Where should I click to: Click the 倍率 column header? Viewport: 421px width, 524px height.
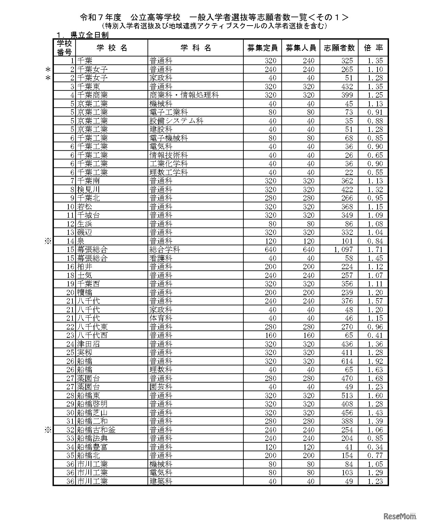(x=373, y=48)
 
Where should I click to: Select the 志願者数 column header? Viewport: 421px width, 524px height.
(x=339, y=48)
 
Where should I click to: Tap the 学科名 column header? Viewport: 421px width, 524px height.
(x=196, y=48)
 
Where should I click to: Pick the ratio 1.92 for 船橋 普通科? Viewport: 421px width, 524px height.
(x=375, y=361)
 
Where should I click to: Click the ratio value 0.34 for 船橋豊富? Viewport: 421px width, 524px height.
(x=375, y=447)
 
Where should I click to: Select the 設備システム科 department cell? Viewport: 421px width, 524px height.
(x=176, y=121)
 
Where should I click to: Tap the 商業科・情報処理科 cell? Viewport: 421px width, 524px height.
(x=184, y=95)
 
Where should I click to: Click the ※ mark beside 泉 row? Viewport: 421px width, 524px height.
(x=48, y=241)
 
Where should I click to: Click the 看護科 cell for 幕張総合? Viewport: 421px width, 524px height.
(x=161, y=258)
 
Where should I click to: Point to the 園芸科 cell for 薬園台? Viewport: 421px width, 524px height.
(x=161, y=387)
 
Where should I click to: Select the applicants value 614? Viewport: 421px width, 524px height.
(x=347, y=361)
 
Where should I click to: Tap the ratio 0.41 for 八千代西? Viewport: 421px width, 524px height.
(x=375, y=335)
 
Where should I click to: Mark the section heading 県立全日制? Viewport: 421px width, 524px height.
(x=89, y=35)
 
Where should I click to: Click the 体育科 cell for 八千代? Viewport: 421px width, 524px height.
(x=161, y=318)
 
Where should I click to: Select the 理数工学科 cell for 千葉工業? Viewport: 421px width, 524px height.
(x=169, y=172)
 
